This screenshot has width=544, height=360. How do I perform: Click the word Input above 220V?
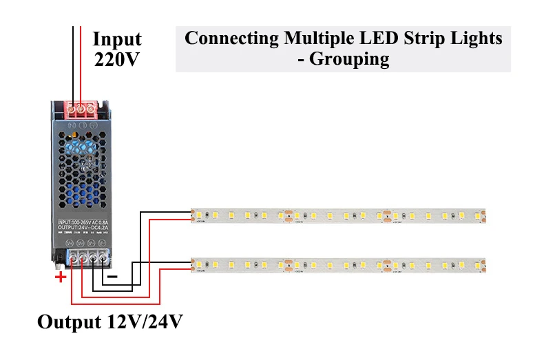(x=117, y=39)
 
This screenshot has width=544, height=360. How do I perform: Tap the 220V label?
(x=117, y=59)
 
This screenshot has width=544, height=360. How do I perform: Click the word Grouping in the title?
(x=349, y=59)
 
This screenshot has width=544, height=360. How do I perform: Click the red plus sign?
(x=61, y=277)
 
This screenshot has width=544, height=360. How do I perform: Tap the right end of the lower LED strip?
(x=482, y=264)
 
